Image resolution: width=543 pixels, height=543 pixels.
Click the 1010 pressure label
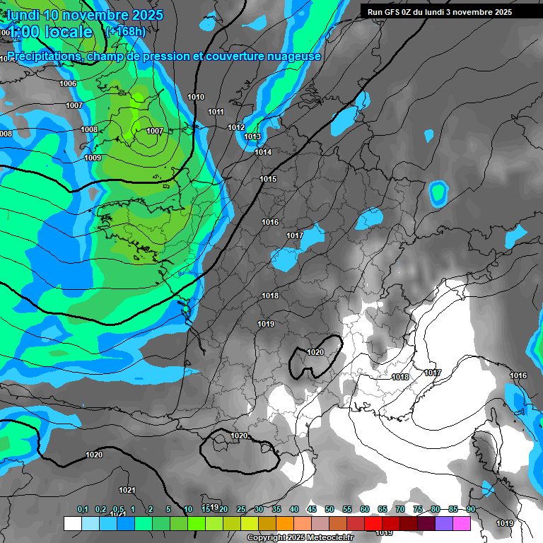click(x=196, y=98)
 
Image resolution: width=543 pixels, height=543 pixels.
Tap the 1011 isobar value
click(x=216, y=112)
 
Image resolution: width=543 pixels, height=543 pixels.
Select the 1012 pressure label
click(x=236, y=127)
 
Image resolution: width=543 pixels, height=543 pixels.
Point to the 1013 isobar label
click(x=252, y=137)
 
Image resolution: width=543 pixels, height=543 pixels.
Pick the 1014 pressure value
click(x=263, y=153)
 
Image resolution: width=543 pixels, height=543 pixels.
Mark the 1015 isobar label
click(x=268, y=180)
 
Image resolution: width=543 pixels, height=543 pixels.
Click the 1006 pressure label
click(x=68, y=84)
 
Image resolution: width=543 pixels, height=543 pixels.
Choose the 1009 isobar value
click(x=93, y=158)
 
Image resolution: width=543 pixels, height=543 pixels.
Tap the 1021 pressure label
click(x=127, y=490)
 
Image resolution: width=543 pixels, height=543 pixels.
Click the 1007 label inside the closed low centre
click(x=155, y=132)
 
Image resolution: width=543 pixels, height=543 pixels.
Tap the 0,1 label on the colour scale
click(x=83, y=510)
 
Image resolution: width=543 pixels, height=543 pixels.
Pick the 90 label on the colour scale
click(x=470, y=510)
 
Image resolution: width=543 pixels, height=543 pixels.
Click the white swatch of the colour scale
click(x=72, y=523)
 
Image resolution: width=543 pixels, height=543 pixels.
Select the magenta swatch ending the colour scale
click(x=462, y=523)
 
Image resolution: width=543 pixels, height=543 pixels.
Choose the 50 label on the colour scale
click(x=329, y=510)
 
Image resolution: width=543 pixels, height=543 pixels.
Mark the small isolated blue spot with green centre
click(x=438, y=192)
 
